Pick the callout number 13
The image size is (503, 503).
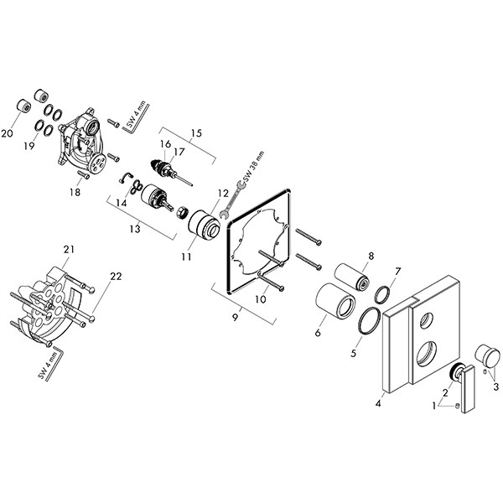point(134,229)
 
